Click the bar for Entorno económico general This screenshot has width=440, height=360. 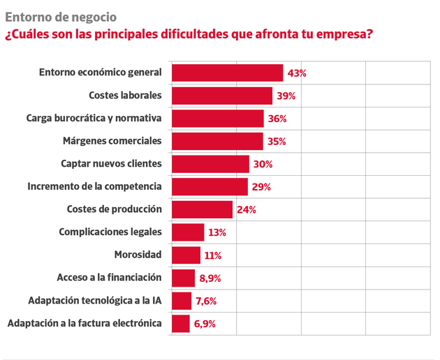coord(227,73)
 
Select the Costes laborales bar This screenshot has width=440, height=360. coord(221,96)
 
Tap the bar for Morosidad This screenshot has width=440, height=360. coord(186,255)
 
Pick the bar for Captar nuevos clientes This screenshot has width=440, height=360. coord(210,164)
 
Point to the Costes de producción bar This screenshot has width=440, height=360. coord(202,209)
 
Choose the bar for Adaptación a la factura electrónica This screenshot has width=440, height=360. coord(180,323)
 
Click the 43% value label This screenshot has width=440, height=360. coord(298,73)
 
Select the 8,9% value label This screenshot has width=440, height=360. coord(210,278)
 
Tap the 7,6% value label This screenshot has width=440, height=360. coord(207,301)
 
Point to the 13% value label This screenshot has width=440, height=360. coord(217,232)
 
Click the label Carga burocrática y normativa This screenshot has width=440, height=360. coord(94,118)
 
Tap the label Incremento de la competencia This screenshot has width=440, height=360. coord(94,186)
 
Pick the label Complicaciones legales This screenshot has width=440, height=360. coord(110,232)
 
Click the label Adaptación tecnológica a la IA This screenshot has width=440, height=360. coord(94,301)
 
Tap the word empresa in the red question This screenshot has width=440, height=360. coord(342,34)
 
